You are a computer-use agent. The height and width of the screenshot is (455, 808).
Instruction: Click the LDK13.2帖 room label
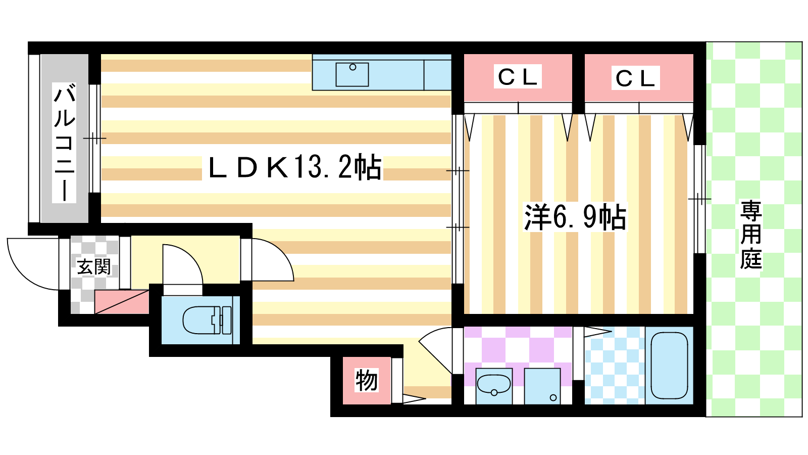tap(295, 167)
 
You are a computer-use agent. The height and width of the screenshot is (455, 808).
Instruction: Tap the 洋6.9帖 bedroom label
tap(575, 217)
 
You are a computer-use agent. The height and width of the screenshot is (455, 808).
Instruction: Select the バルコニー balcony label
tap(64, 142)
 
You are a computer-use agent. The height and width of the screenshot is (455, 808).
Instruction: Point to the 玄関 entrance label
tap(94, 267)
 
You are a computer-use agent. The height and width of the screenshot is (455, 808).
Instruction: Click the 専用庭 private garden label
tap(751, 235)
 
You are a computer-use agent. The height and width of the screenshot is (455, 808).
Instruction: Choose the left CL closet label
tap(518, 76)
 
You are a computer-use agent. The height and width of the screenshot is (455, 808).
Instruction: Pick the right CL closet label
tap(635, 78)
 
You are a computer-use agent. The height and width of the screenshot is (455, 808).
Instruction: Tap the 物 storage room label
tap(367, 380)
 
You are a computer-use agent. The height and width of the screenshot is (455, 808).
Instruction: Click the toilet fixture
tap(207, 320)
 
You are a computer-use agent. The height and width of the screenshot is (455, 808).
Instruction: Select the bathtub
tap(669, 366)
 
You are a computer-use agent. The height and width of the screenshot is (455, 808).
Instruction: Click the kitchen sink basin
tap(352, 74)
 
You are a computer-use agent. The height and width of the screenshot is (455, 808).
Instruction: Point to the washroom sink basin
tap(494, 385)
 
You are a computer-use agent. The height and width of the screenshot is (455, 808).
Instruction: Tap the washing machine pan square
tap(542, 386)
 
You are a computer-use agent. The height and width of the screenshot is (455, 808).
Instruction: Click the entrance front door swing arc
tap(25, 274)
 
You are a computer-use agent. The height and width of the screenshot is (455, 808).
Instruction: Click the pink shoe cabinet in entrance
tap(122, 302)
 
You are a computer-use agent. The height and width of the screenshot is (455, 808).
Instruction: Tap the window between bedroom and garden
tap(700, 199)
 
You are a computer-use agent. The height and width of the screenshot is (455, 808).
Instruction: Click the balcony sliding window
tap(94, 139)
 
